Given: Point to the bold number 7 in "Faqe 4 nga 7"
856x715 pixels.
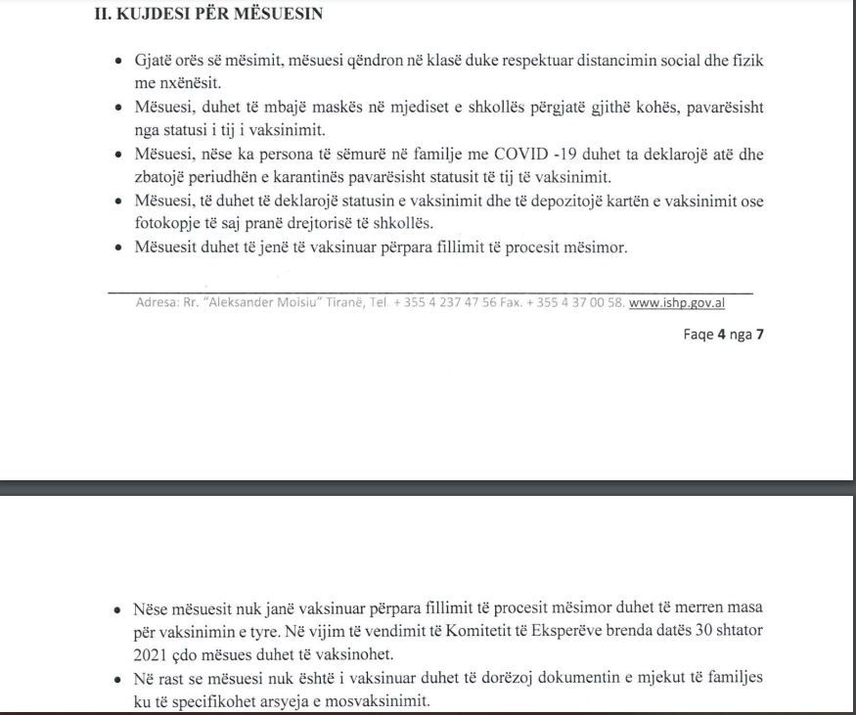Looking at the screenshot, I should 759,333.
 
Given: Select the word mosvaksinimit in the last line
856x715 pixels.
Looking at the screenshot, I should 380,702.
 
